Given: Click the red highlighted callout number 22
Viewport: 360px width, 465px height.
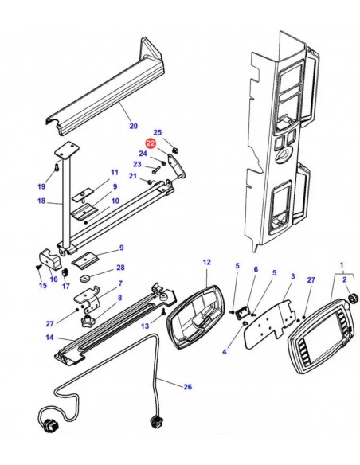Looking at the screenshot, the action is (x=151, y=143).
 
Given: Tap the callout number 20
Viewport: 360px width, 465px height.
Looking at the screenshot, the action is (x=134, y=126).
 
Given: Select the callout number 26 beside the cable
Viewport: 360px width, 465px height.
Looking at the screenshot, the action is (x=187, y=387).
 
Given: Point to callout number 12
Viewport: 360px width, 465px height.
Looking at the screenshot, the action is (x=207, y=262).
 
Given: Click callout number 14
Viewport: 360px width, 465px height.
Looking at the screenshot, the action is (x=49, y=337).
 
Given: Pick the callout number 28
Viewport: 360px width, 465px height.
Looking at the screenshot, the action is (x=120, y=268).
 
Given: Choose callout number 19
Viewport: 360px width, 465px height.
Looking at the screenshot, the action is (x=41, y=186).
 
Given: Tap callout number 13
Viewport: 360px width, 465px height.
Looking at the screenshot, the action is (x=145, y=326).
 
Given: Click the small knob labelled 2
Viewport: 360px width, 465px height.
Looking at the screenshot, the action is (x=353, y=298).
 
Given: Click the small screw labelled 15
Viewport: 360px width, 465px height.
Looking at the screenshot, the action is (x=38, y=267).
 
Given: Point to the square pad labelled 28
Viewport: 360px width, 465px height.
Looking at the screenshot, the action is (x=86, y=278).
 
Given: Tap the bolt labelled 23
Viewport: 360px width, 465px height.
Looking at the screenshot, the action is (x=156, y=170).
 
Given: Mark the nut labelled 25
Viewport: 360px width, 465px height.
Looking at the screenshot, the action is (x=175, y=150).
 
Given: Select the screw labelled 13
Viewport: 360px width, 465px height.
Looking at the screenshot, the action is (x=162, y=312).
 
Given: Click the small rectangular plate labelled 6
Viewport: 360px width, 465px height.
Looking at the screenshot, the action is (x=242, y=313).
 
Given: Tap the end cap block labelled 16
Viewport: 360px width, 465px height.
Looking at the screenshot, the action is (x=50, y=259).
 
